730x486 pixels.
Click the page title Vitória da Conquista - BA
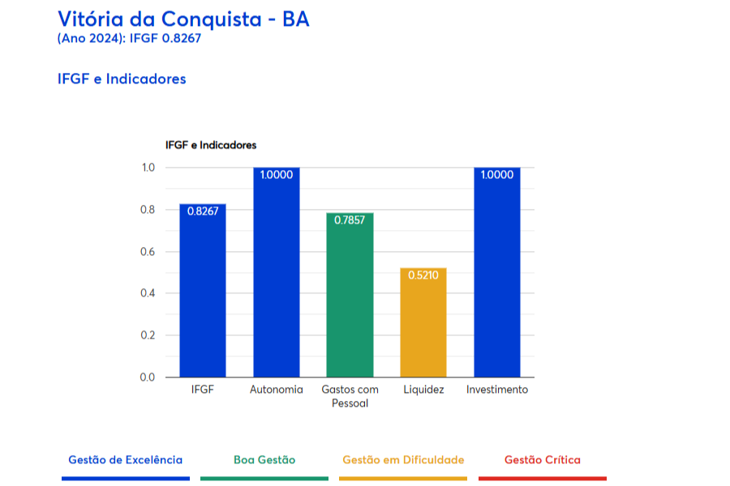pos(183,19)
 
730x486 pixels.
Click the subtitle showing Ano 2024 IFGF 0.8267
pos(129,38)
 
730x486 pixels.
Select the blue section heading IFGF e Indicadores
pos(122,79)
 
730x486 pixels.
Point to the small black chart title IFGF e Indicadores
pos(210,145)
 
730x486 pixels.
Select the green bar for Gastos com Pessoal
pos(350,300)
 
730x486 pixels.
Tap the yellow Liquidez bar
pos(423,324)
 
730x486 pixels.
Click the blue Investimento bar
pos(496,275)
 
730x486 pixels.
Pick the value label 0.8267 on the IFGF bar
pos(203,211)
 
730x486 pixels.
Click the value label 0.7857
pos(350,220)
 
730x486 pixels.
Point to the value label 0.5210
pos(423,275)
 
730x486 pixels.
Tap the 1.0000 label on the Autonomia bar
pos(277,175)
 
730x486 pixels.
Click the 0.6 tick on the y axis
pos(148,252)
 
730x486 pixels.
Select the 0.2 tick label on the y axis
pos(148,335)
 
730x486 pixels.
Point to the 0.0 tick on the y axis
pos(148,377)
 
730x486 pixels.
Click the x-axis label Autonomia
pos(277,390)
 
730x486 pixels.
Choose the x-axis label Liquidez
pos(423,390)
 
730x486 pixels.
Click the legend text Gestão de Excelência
pos(126,460)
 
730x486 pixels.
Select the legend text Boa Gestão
pos(264,460)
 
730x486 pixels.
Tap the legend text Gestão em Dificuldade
pos(403,460)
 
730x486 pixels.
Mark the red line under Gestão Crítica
pos(542,479)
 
